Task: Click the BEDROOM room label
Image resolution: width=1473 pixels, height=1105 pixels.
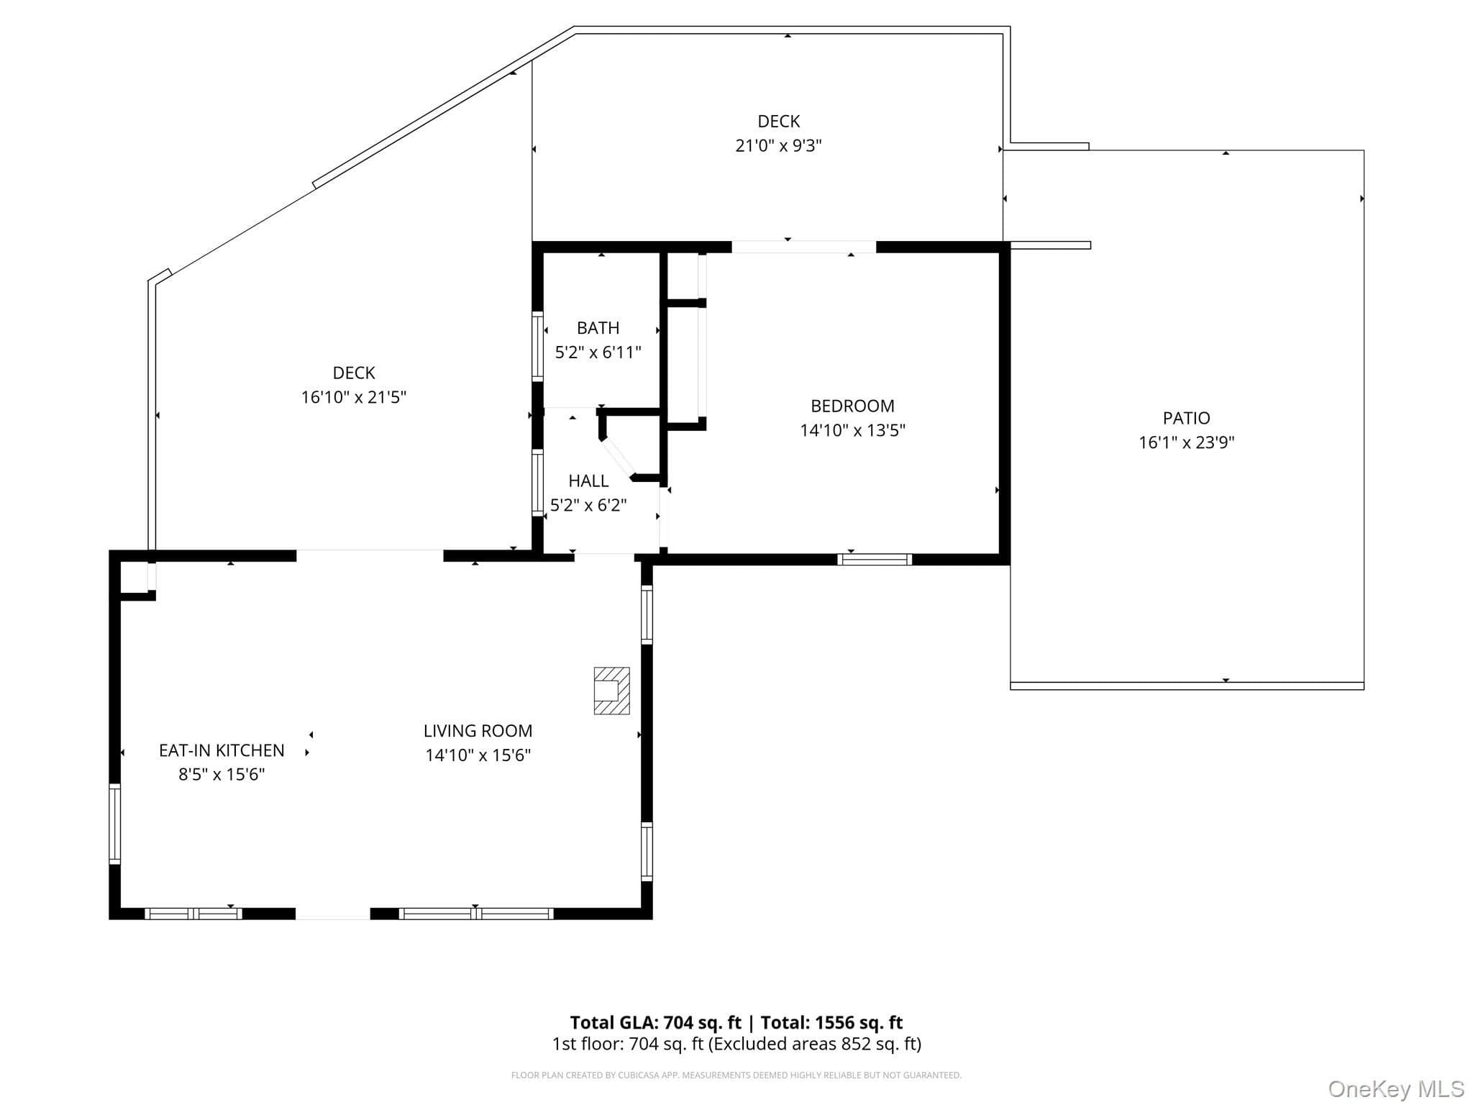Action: (x=852, y=406)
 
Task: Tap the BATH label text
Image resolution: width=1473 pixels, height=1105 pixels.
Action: (x=598, y=328)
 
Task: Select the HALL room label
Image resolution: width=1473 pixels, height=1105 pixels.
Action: (x=588, y=481)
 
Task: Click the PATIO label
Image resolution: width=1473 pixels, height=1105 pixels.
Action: (x=1186, y=418)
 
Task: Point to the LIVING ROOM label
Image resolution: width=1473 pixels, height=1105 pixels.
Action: (x=478, y=731)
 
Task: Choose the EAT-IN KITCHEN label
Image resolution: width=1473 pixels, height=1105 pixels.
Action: (x=222, y=750)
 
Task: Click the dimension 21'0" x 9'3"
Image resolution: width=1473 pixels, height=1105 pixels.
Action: (x=778, y=145)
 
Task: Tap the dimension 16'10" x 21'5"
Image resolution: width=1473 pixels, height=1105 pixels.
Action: (x=353, y=397)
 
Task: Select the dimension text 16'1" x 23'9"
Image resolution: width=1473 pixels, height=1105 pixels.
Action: (x=1186, y=442)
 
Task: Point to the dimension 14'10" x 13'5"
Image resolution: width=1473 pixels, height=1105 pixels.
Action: (x=852, y=430)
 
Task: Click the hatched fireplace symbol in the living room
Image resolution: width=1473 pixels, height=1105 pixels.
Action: (x=611, y=691)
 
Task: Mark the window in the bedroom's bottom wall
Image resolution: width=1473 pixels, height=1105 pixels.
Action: (x=875, y=560)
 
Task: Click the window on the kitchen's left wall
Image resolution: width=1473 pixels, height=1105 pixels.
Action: (x=114, y=823)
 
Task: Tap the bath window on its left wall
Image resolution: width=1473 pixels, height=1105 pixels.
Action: (x=537, y=346)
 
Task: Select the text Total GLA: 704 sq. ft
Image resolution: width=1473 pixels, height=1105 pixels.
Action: (x=655, y=1022)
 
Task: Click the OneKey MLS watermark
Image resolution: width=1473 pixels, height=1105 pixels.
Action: (x=1395, y=1088)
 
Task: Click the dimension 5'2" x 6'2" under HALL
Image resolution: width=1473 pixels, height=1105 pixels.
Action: (x=588, y=505)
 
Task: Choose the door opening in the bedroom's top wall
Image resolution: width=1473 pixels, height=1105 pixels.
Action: (x=803, y=247)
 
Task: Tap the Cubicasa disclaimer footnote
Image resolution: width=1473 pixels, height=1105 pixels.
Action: (x=736, y=1076)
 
